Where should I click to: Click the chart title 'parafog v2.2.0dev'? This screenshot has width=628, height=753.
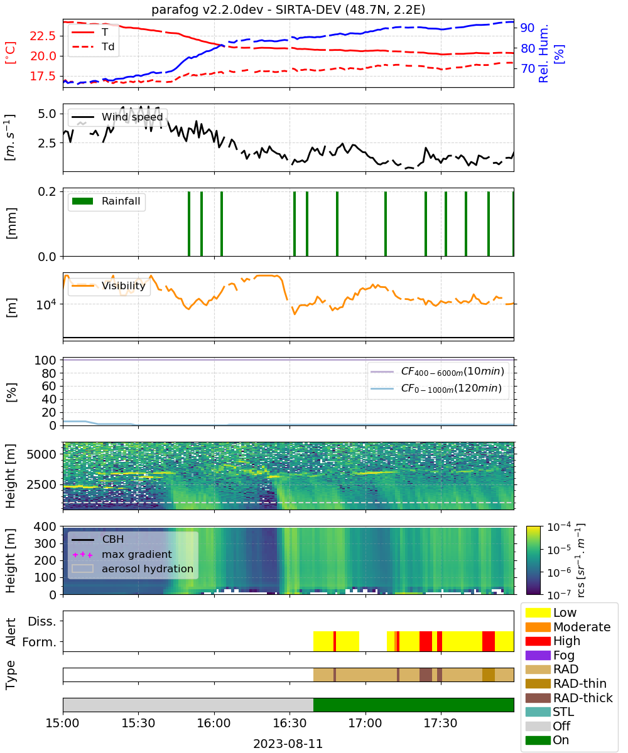point(207,9)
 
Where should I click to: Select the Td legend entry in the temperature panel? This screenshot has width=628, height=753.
point(93,46)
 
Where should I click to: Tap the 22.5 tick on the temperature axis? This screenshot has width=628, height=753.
point(43,36)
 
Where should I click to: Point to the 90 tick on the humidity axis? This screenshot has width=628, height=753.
point(528,28)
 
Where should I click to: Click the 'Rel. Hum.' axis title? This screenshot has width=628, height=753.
point(543,53)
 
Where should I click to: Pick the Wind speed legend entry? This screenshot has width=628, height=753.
point(117,117)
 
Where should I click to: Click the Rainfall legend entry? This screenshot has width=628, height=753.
point(106,201)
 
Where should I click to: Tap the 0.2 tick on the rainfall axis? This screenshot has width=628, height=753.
point(47,191)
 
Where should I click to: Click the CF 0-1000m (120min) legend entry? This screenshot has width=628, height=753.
point(436,388)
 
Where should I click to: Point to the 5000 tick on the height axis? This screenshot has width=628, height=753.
point(41,454)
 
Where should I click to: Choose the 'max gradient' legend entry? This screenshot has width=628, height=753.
point(122,554)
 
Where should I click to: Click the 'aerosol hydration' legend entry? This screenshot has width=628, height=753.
point(133,569)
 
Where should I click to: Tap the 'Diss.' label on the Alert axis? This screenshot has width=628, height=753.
point(42,621)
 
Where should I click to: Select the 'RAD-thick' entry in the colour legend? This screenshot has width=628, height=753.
point(569,698)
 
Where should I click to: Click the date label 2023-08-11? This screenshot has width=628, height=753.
point(288,744)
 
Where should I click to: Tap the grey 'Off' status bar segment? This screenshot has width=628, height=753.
point(188,705)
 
